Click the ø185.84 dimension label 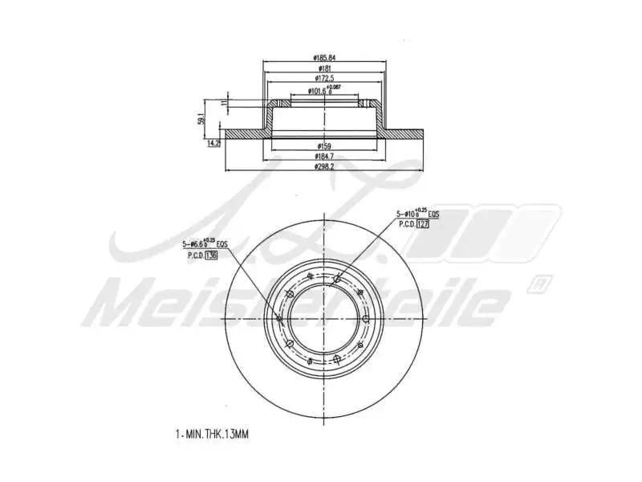click(x=324, y=58)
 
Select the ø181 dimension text click(x=324, y=70)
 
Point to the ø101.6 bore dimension click(x=324, y=92)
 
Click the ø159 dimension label click(x=324, y=145)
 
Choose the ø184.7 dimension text click(x=324, y=157)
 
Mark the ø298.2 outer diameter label click(x=324, y=168)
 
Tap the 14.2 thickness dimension click(x=213, y=144)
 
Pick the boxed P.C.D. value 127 click(x=424, y=224)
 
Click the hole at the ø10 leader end click(x=336, y=280)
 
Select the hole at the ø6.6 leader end click(x=279, y=320)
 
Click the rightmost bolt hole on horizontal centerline click(x=366, y=320)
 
